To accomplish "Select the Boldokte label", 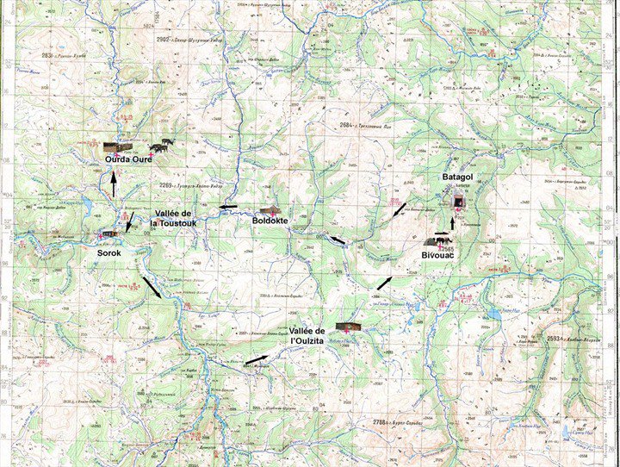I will (270, 221).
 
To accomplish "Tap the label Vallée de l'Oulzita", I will (307, 337).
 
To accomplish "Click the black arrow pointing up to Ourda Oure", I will (114, 184).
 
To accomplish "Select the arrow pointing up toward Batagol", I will (456, 225).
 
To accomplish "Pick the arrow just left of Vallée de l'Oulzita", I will (257, 359).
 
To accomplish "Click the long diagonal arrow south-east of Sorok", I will (151, 287).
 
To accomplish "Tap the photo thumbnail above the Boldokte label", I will (270, 211).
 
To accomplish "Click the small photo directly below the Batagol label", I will (460, 202).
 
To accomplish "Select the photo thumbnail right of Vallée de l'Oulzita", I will (349, 326).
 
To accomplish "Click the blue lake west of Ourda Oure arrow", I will (86, 204).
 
